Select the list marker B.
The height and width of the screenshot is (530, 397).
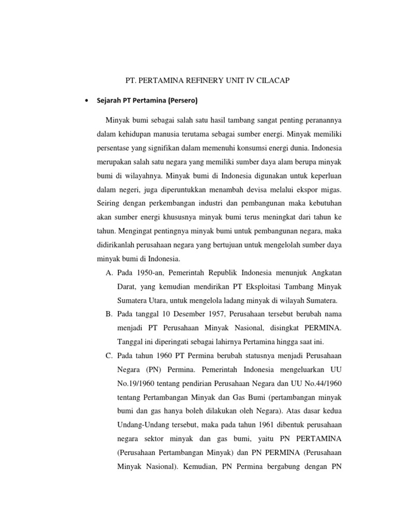(109, 314)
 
